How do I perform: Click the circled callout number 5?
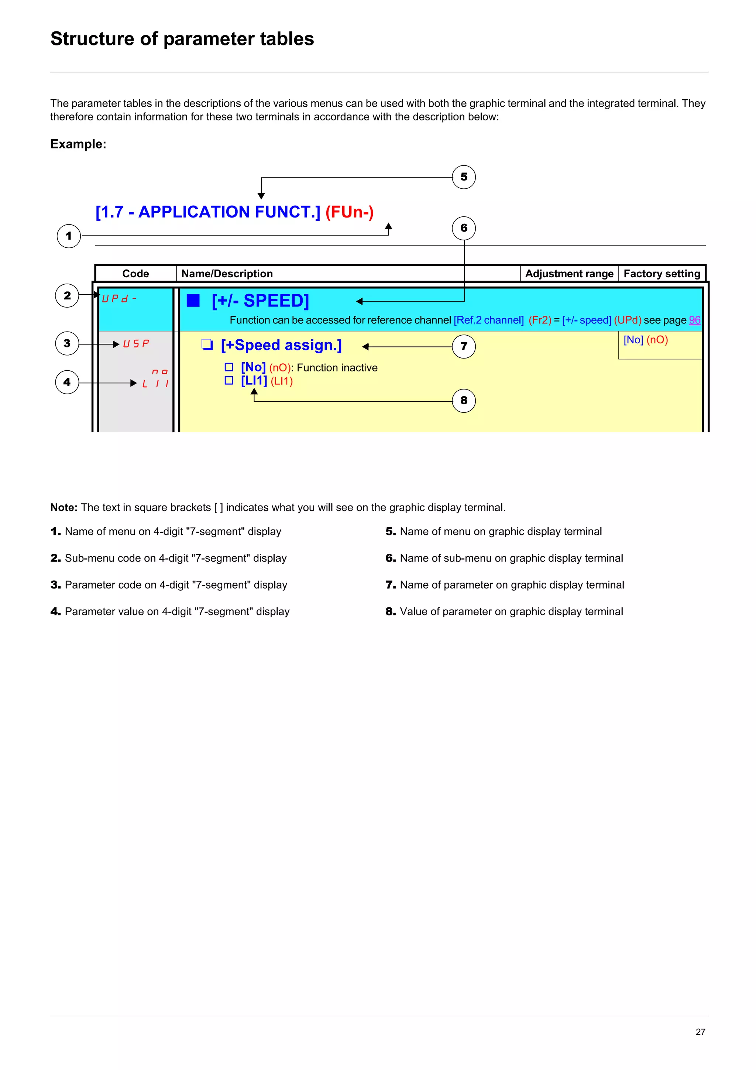[464, 177]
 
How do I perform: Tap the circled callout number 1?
[69, 236]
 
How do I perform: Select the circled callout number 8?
[464, 400]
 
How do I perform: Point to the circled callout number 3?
[67, 343]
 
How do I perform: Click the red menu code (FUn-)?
[349, 212]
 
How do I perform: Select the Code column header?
[135, 274]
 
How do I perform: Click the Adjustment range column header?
[569, 274]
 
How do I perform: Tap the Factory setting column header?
[661, 274]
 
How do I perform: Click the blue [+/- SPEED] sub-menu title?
[260, 301]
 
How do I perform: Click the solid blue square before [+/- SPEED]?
[193, 301]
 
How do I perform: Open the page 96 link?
[694, 320]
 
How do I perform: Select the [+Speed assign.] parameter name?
[281, 345]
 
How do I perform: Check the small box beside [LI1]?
[229, 381]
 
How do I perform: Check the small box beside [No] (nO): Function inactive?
[229, 367]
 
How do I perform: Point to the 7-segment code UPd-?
[119, 299]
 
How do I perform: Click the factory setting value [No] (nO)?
[646, 340]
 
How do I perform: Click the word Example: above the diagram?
[78, 144]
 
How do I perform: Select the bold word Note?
[64, 508]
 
